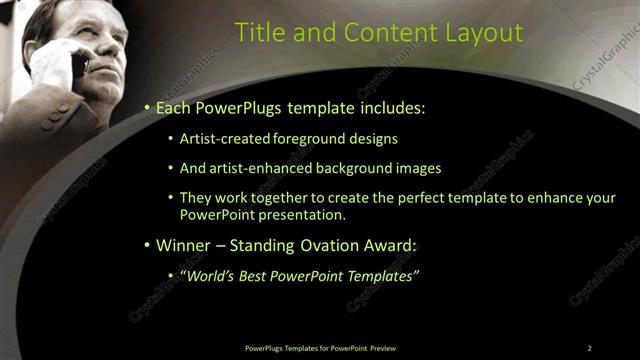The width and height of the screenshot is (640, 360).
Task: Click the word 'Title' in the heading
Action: coord(257,32)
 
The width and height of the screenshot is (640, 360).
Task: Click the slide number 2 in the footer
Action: coord(590,348)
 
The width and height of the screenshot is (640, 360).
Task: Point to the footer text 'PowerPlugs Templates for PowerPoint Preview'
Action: coord(327,348)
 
